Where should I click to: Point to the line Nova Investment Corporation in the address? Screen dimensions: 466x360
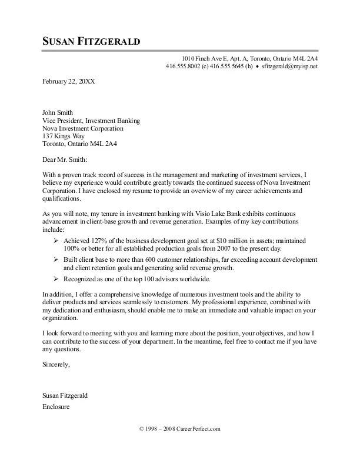[x=83, y=128]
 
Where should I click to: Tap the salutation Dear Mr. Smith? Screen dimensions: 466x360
[x=65, y=159]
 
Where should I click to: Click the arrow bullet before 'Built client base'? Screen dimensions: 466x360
[x=55, y=259]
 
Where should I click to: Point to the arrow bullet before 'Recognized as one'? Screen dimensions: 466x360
[x=55, y=278]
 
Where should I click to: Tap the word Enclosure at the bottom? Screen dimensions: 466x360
[x=57, y=407]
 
